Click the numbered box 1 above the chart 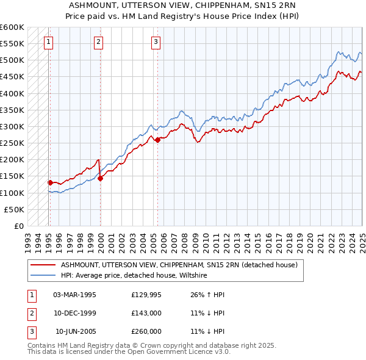(48, 42)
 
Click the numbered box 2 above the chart (98, 42)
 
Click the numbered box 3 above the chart (156, 42)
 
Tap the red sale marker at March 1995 (50, 182)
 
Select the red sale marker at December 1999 (101, 178)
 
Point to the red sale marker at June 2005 (157, 140)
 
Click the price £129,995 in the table (146, 295)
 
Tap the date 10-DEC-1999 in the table (74, 313)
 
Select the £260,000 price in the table (146, 331)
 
